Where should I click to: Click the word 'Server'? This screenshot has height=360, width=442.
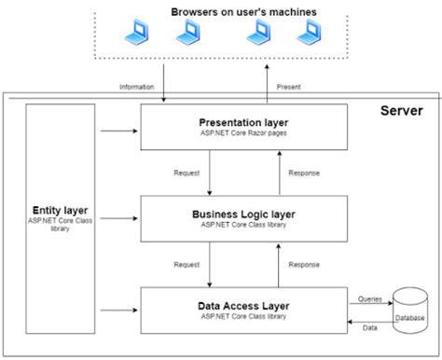click(x=402, y=111)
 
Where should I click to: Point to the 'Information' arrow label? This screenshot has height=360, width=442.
click(x=138, y=87)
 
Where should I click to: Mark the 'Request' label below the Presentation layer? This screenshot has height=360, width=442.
click(x=187, y=173)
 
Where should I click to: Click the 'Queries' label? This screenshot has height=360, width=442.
click(x=370, y=299)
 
